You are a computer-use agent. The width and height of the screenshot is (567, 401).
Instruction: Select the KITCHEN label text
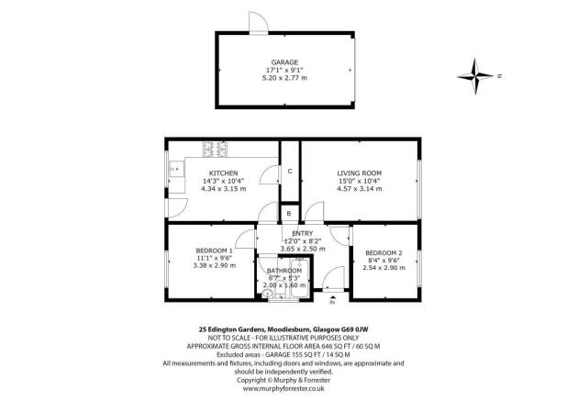224,173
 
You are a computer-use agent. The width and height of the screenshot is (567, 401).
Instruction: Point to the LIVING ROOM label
359,173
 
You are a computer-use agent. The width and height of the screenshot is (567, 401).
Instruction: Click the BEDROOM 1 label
214,250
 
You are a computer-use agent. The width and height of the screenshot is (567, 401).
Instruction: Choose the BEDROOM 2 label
383,252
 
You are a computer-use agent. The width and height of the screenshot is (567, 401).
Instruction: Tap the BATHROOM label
283,271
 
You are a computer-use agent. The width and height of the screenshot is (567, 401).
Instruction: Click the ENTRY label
302,233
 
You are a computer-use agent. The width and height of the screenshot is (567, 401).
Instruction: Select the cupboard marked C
289,172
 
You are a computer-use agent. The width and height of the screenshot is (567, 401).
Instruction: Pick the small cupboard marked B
289,214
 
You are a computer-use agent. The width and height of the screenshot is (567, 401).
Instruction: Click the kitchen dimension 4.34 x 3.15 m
223,189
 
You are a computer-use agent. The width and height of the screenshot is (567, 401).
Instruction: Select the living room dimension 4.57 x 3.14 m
359,189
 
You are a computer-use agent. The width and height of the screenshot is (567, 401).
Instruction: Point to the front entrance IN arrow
333,296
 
